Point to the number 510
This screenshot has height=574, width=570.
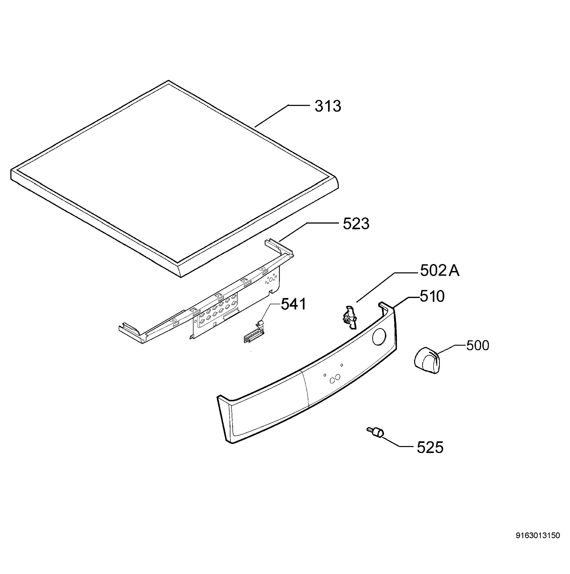pyautogui.click(x=432, y=296)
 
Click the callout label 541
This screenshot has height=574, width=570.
pyautogui.click(x=293, y=304)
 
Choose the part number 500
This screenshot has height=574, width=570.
pyautogui.click(x=478, y=346)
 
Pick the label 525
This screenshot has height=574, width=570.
pyautogui.click(x=430, y=447)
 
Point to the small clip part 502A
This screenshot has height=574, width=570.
pyautogui.click(x=350, y=318)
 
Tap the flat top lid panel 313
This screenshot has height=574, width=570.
pyautogui.click(x=175, y=178)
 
